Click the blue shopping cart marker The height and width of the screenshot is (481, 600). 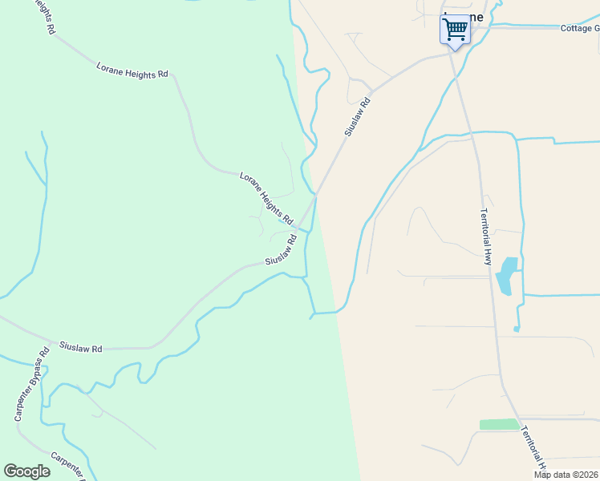(455, 30)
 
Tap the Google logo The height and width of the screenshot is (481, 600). (26, 471)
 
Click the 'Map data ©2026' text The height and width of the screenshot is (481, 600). (566, 475)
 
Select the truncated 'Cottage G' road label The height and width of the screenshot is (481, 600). (580, 28)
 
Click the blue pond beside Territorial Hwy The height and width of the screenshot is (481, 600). (506, 275)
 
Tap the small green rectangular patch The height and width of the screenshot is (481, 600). (500, 424)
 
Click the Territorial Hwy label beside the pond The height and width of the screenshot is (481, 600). (485, 236)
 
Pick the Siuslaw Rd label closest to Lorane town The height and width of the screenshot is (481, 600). (359, 116)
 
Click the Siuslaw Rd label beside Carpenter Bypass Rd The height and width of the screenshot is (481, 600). (81, 349)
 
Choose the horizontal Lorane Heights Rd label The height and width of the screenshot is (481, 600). (132, 70)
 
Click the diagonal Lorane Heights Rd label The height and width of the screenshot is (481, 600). (267, 197)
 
